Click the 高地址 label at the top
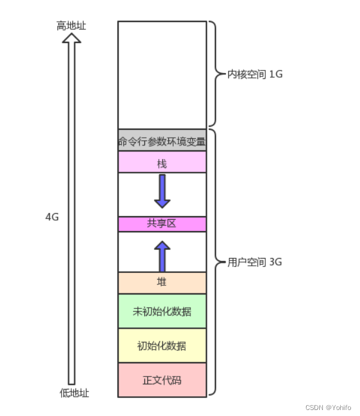71,26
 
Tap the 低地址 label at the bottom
74,393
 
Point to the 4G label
52,217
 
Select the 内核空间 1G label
255,74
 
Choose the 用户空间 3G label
255,262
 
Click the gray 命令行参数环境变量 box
162,140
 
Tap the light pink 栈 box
162,162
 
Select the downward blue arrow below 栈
162,191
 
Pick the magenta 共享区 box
162,224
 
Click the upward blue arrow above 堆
162,256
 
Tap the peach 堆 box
162,283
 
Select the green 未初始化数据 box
162,311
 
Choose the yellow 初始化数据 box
162,345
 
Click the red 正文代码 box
162,380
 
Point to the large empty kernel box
162,75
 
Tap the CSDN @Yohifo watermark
328,408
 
